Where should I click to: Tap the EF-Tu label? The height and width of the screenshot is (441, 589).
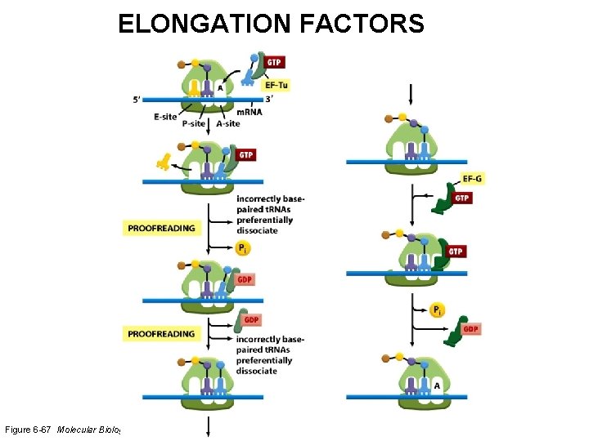[275, 85]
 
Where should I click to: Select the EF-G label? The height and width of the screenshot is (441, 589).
[472, 179]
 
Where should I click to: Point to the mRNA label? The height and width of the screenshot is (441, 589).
[250, 112]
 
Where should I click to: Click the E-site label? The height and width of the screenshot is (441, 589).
[165, 117]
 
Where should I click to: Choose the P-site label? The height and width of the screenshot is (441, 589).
[195, 124]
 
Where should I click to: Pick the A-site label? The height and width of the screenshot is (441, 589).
[228, 124]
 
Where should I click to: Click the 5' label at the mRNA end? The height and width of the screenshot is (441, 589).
[137, 100]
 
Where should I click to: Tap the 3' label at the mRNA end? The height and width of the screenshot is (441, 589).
[268, 99]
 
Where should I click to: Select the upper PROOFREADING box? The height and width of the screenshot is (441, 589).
[161, 228]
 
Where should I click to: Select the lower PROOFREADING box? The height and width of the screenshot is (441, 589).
[161, 333]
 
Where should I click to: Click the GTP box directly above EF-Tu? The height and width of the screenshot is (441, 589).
[275, 62]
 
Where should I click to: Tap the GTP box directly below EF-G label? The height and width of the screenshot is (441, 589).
[461, 198]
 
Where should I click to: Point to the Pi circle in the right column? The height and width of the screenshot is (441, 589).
[438, 310]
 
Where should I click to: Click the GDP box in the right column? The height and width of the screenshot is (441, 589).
[470, 329]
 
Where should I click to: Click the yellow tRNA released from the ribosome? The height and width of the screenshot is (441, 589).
[166, 162]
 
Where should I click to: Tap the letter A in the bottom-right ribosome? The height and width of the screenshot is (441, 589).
[437, 385]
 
